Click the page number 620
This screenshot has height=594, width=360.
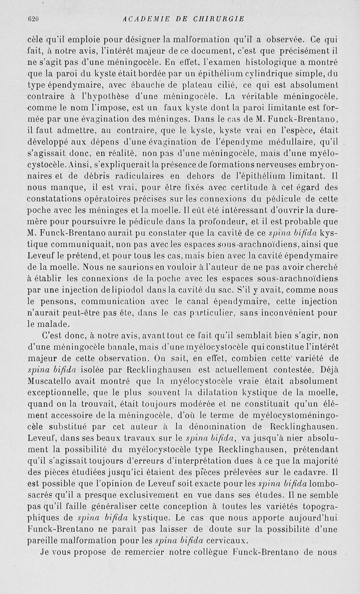click(x=34, y=19)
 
